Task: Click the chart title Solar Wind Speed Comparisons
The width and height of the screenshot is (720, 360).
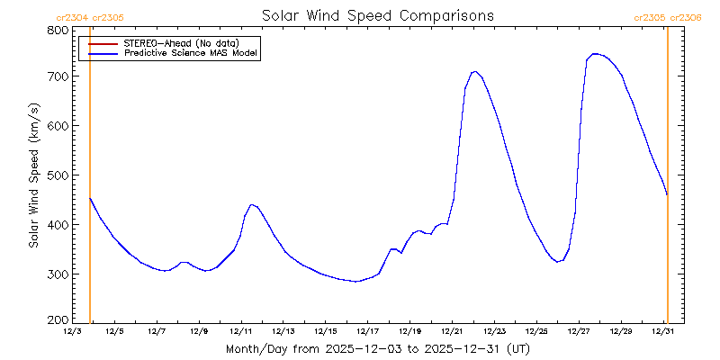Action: (x=377, y=16)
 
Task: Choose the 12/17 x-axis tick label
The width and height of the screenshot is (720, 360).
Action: (x=367, y=331)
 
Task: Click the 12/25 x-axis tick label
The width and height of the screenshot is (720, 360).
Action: (x=536, y=331)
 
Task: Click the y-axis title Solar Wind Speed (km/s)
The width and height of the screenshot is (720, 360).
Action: (x=33, y=175)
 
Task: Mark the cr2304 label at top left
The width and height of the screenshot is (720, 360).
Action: (x=71, y=17)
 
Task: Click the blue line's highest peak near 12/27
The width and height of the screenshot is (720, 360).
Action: (x=594, y=54)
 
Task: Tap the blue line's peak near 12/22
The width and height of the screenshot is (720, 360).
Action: (x=474, y=71)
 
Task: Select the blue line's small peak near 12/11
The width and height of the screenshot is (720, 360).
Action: (x=253, y=204)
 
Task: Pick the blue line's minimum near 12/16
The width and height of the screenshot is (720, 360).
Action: (x=356, y=282)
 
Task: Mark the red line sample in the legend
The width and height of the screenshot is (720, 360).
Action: (x=103, y=42)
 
